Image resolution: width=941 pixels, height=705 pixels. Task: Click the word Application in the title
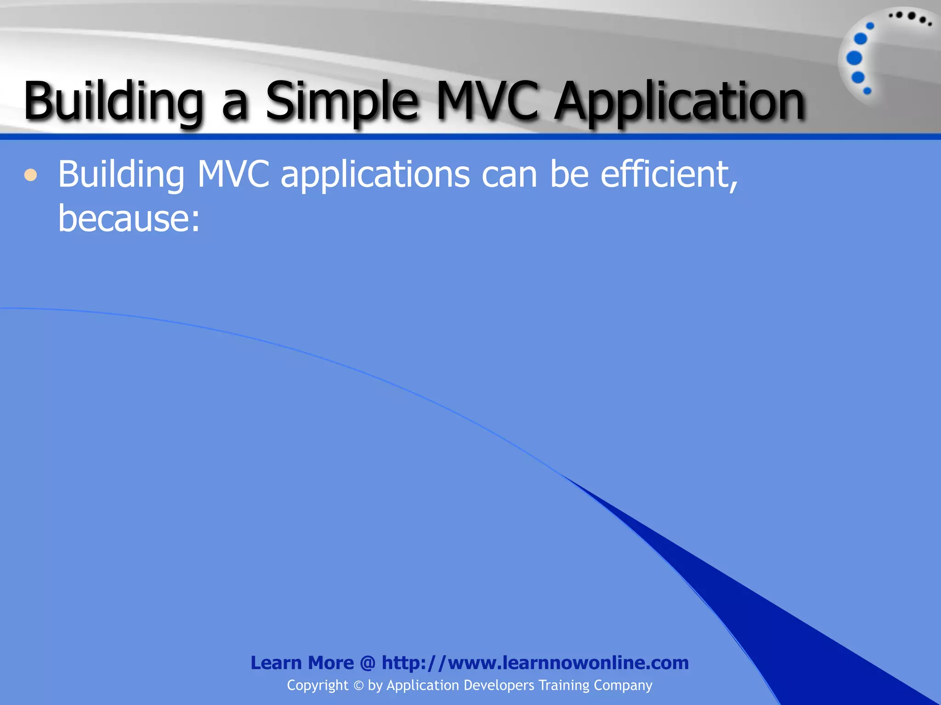coord(679,102)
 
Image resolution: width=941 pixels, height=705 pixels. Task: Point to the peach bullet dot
coord(31,175)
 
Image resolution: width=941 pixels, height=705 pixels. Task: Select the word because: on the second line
coord(129,218)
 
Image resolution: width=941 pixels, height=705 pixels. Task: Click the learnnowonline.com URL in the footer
coord(535,663)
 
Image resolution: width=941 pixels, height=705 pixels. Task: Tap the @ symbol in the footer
coord(368,663)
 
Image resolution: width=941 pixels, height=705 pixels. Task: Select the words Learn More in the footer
coord(302,663)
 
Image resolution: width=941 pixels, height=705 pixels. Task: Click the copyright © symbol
coord(358,686)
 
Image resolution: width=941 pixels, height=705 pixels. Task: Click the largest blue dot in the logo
coord(854,58)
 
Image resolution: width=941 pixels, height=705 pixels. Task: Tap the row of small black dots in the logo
coord(910,17)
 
